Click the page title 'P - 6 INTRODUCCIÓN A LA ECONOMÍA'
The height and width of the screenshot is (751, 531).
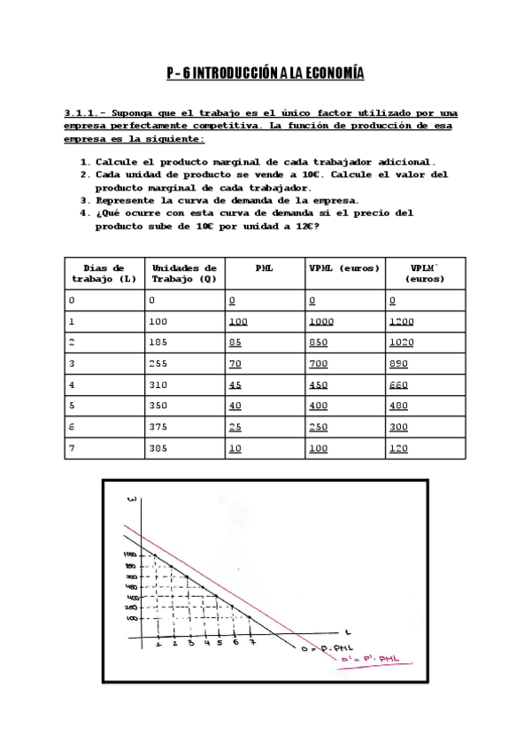(265, 74)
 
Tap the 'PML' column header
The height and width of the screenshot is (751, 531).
(264, 267)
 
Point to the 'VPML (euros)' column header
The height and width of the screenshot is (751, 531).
(344, 267)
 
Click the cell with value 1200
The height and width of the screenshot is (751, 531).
(401, 322)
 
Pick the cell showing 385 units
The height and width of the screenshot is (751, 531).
(160, 449)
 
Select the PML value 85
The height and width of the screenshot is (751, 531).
(235, 344)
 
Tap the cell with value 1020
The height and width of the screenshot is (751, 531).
(401, 344)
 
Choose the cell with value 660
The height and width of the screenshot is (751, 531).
(398, 386)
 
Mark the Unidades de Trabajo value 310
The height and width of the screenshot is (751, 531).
(160, 386)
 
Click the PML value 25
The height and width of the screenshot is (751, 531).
(235, 428)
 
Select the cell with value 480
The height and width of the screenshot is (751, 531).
(398, 407)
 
